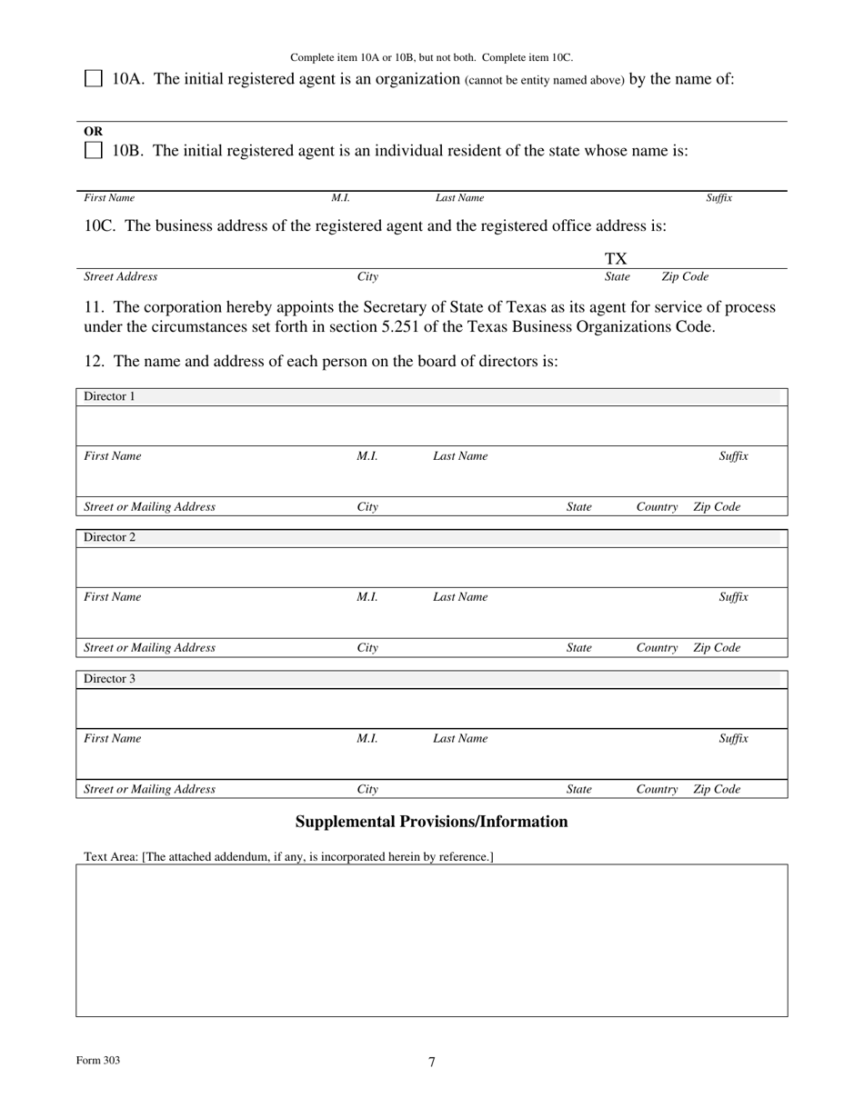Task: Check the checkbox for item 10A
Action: pos(94,79)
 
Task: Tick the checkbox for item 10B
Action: pos(94,151)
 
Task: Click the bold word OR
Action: pos(93,131)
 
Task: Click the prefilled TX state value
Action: pos(616,259)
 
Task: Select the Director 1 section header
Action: pos(109,396)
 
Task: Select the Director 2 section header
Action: pos(109,537)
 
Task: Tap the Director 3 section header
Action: pos(109,679)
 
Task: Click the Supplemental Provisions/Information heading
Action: pos(431,822)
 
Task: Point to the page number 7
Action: pos(432,1062)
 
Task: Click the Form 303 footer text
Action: pos(98,1061)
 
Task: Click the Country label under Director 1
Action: pos(657,507)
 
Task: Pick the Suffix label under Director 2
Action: pos(733,597)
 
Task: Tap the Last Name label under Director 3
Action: pos(459,739)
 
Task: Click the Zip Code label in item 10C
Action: pos(684,277)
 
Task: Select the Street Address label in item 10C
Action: pos(120,277)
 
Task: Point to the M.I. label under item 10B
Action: pos(340,198)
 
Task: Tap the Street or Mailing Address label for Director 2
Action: pos(149,648)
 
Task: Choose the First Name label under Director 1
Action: pos(112,456)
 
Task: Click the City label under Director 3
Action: pos(367,790)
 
